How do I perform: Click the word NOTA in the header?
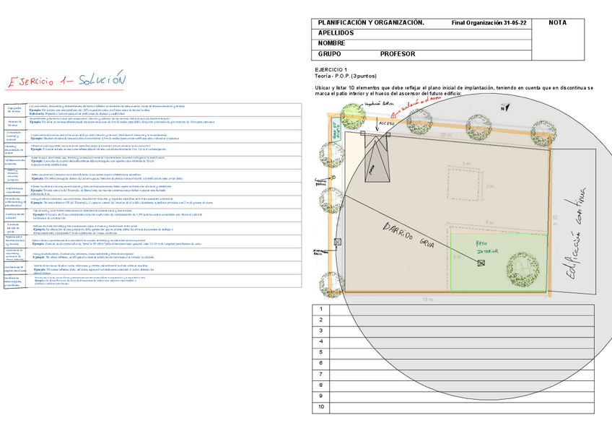557,23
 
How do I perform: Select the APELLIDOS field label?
336,33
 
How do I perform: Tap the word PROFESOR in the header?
398,54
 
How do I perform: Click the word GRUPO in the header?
330,54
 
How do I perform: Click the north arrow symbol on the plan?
503,108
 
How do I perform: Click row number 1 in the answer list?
320,309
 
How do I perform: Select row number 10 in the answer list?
320,407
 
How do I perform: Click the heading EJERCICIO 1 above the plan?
331,69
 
